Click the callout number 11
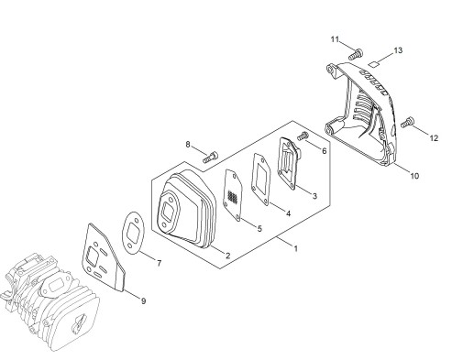tap(335, 39)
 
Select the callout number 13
tap(398, 50)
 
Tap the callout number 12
tap(434, 138)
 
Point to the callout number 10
tap(414, 176)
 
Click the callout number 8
tap(188, 145)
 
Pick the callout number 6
tap(324, 151)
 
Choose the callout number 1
tap(295, 248)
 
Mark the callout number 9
tap(143, 301)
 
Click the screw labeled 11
tap(356, 54)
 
